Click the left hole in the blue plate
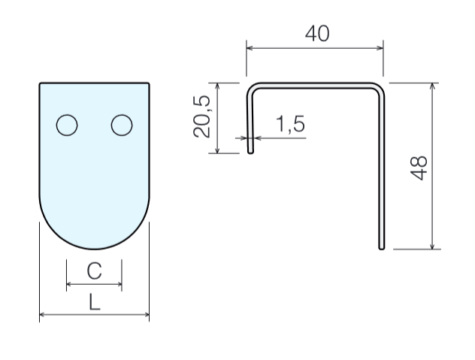[67, 125]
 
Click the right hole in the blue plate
[122, 125]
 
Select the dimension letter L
[94, 302]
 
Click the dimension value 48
[419, 166]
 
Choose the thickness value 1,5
[289, 125]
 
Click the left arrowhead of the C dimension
[69, 285]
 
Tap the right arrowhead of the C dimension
[119, 285]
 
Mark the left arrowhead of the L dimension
[42, 316]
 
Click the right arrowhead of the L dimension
[146, 316]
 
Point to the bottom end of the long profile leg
[382, 247]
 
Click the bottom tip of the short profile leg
[250, 151]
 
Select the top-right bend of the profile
[380, 87]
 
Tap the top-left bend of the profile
[252, 87]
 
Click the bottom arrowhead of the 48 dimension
[432, 246]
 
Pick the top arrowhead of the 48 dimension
[432, 86]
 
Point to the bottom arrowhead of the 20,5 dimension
[216, 151]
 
